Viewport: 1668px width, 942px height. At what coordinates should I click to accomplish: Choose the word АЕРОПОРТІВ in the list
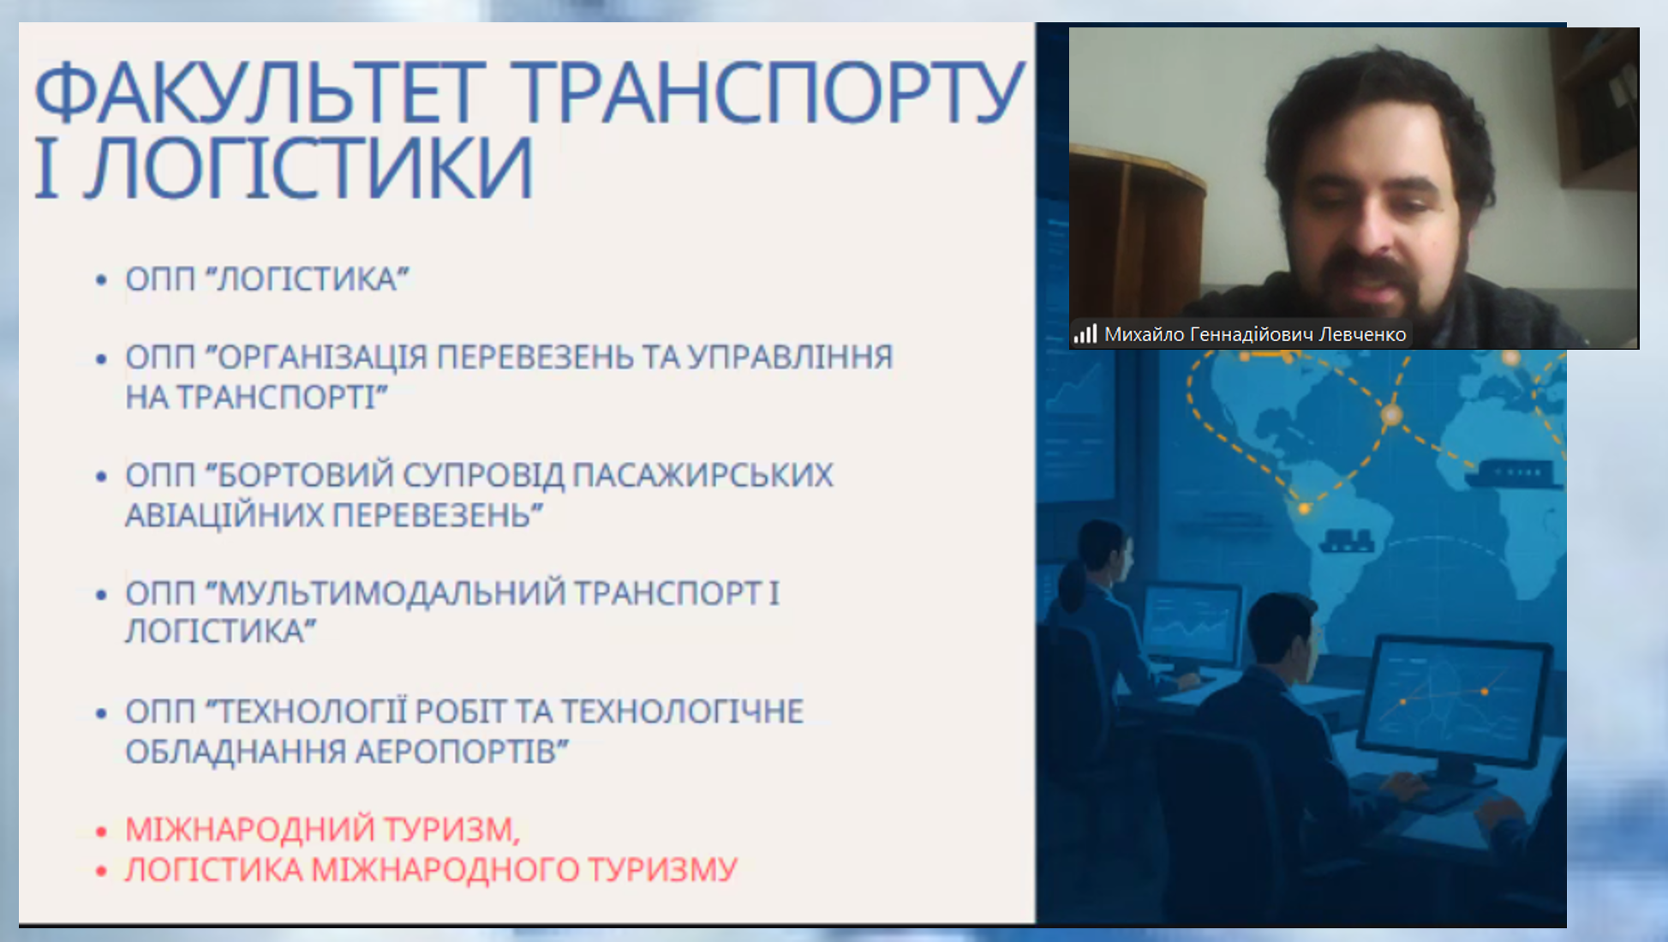click(461, 751)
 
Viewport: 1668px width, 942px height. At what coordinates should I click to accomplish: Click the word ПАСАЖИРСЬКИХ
click(702, 475)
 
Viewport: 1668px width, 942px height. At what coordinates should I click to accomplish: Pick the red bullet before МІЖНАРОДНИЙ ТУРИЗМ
click(101, 831)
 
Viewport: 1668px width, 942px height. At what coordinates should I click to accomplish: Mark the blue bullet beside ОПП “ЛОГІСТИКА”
click(101, 279)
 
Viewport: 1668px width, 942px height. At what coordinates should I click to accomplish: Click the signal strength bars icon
click(1085, 333)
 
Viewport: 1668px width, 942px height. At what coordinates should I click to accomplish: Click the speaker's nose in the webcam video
click(1371, 225)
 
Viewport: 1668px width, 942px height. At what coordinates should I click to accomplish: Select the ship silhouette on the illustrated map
click(1513, 473)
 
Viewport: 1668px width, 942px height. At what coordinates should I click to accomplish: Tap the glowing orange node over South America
click(1304, 508)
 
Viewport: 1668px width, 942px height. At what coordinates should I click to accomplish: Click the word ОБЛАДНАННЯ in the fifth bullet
click(235, 751)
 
